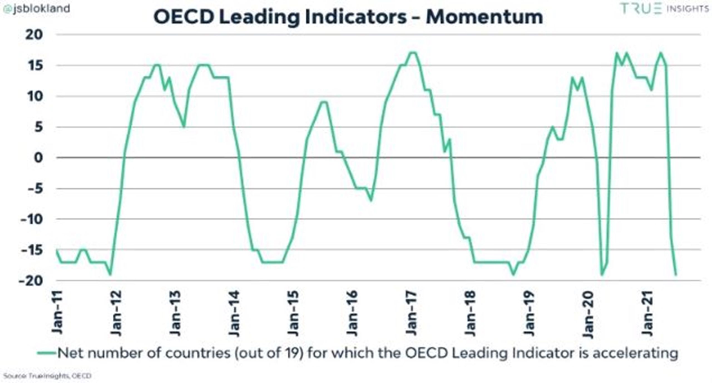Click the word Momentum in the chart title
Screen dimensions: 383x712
tap(484, 17)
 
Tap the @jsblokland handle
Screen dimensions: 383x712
tap(37, 9)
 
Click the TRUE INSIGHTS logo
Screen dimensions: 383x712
tap(664, 9)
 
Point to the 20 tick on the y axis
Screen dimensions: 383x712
tap(34, 35)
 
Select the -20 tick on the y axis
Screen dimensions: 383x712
tap(31, 281)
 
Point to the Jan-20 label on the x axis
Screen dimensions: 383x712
tap(589, 314)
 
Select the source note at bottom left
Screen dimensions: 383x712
tap(47, 376)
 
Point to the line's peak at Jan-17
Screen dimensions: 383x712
tap(413, 53)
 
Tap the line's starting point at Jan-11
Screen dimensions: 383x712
tap(57, 250)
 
